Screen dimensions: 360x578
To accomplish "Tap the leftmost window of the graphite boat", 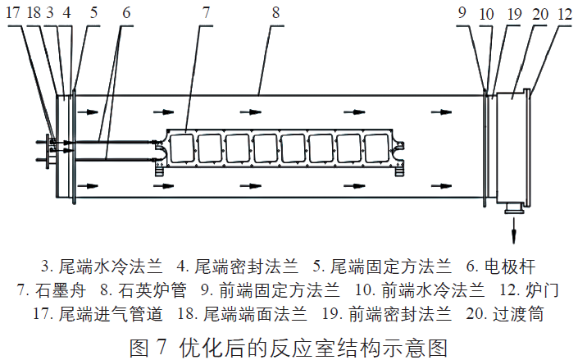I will point(182,148).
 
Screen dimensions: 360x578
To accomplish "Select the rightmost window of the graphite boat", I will point(377,148).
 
